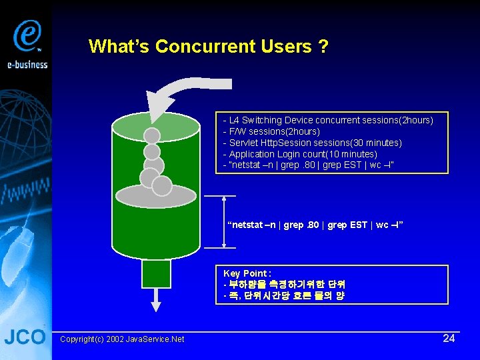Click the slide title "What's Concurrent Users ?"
[x=208, y=47]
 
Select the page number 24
[x=449, y=338]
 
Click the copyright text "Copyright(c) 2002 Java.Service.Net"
[x=122, y=339]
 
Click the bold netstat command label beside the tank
[x=315, y=225]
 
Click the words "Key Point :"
[x=247, y=273]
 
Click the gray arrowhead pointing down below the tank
[x=156, y=305]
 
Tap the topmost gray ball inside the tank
[x=153, y=136]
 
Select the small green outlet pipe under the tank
[x=156, y=273]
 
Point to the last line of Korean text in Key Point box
[x=284, y=295]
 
